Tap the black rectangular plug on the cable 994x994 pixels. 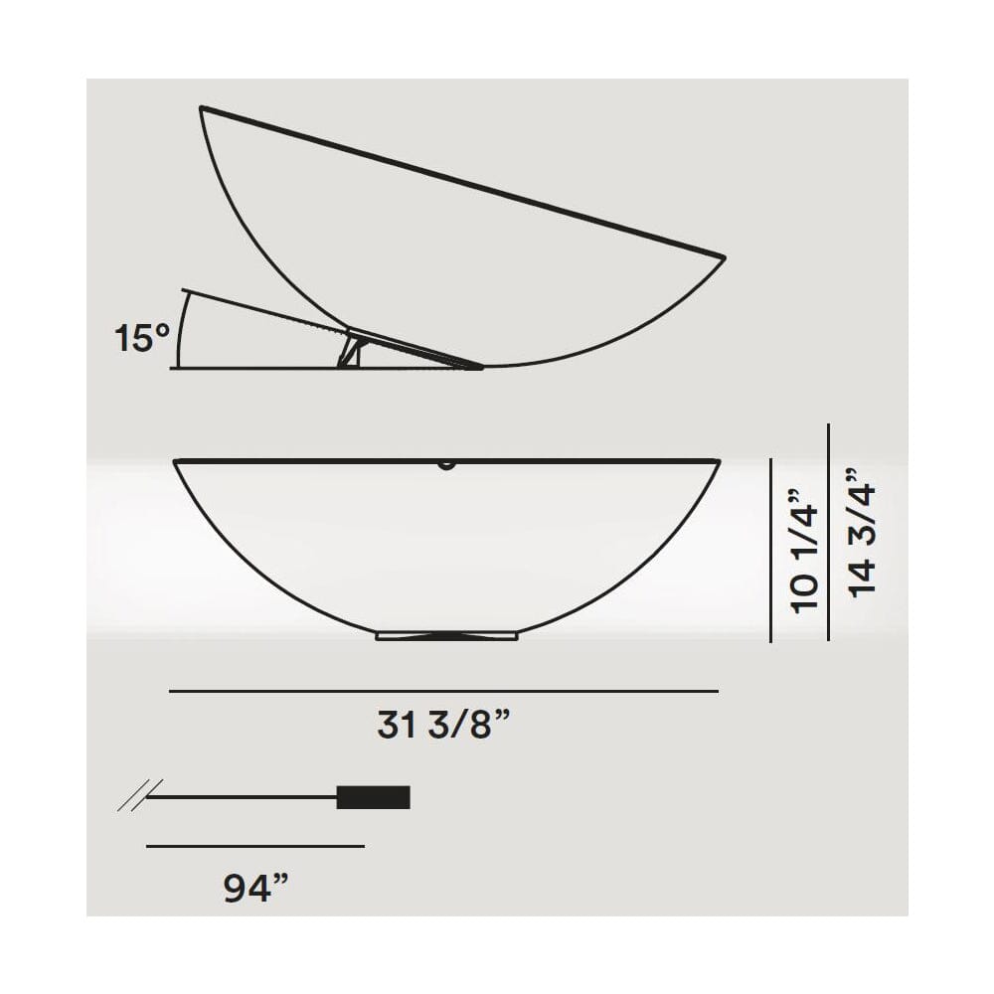[x=373, y=797]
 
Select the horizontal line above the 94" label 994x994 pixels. [x=254, y=846]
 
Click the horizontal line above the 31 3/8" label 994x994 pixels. [x=443, y=690]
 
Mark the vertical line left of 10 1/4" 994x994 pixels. [x=771, y=550]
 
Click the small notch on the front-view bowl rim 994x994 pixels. [x=446, y=463]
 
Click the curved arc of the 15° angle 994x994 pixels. [x=179, y=330]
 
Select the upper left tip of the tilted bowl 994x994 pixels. [x=202, y=107]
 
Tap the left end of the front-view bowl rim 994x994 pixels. [x=176, y=461]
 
